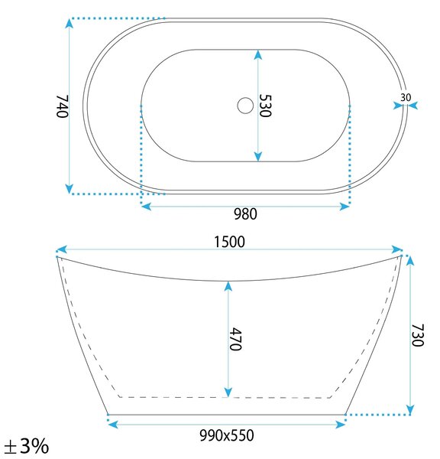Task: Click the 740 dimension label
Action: point(63,106)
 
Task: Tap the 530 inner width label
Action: point(266,106)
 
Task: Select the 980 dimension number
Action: point(245,214)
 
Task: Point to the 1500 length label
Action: point(229,242)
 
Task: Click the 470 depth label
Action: point(235,339)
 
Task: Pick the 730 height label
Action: point(418,335)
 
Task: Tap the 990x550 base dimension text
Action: point(227,435)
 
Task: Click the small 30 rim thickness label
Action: point(406,97)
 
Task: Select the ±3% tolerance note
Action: point(26,446)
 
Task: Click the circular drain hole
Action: point(245,106)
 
